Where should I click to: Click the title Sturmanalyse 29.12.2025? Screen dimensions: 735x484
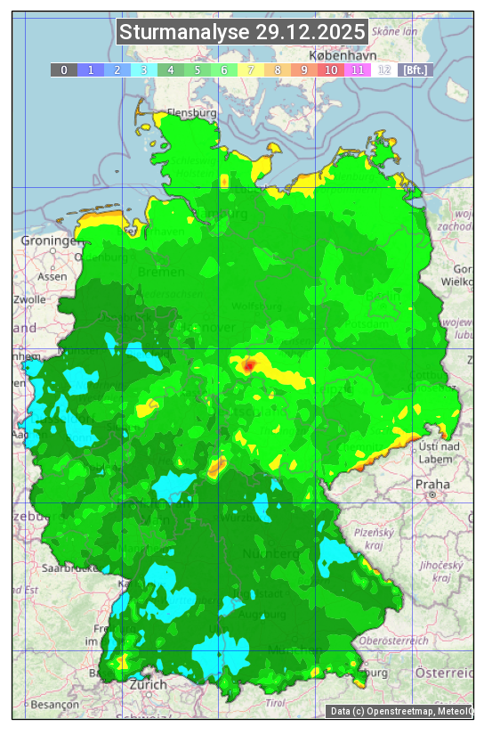click(242, 32)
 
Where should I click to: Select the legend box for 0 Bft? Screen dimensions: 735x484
click(63, 69)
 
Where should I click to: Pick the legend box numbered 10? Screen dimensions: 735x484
click(330, 69)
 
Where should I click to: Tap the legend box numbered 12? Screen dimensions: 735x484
click(383, 69)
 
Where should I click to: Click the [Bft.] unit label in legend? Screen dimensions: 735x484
click(415, 69)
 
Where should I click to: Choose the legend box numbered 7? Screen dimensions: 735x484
click(250, 69)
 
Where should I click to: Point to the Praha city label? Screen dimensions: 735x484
click(432, 484)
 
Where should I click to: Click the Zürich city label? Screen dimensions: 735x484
click(147, 684)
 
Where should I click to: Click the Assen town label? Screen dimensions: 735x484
click(52, 276)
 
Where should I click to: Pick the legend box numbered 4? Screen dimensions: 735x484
click(170, 69)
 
